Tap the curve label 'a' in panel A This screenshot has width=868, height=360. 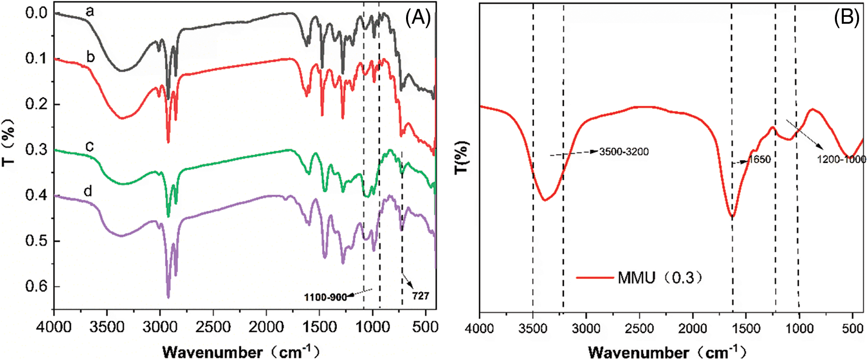coord(90,11)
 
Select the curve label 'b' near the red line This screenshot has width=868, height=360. coord(91,56)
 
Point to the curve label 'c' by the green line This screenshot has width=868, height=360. coord(90,146)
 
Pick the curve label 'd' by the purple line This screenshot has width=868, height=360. coord(88,191)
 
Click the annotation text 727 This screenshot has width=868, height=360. coord(420,296)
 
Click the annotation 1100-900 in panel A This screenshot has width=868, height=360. coord(325,297)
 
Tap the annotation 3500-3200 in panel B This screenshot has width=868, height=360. coord(624,151)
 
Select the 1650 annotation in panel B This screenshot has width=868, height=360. coord(760,159)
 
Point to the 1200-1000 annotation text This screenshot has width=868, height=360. coord(841,159)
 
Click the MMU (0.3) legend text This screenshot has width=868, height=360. coord(660,277)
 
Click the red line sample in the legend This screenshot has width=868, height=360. coord(595,277)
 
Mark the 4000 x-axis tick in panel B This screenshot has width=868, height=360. coord(479,328)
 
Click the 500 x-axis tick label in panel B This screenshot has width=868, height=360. coord(852,328)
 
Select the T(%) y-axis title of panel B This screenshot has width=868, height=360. coord(461,157)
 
